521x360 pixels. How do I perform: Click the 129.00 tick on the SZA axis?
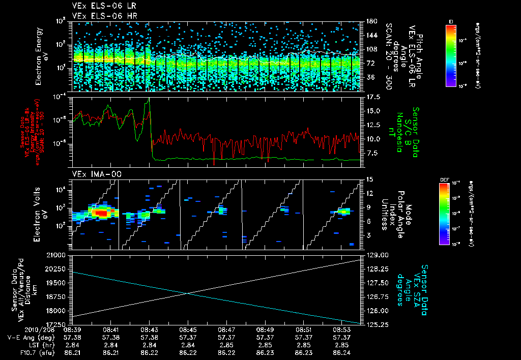(x=377, y=254)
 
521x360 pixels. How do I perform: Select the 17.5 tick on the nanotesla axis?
(x=374, y=97)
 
